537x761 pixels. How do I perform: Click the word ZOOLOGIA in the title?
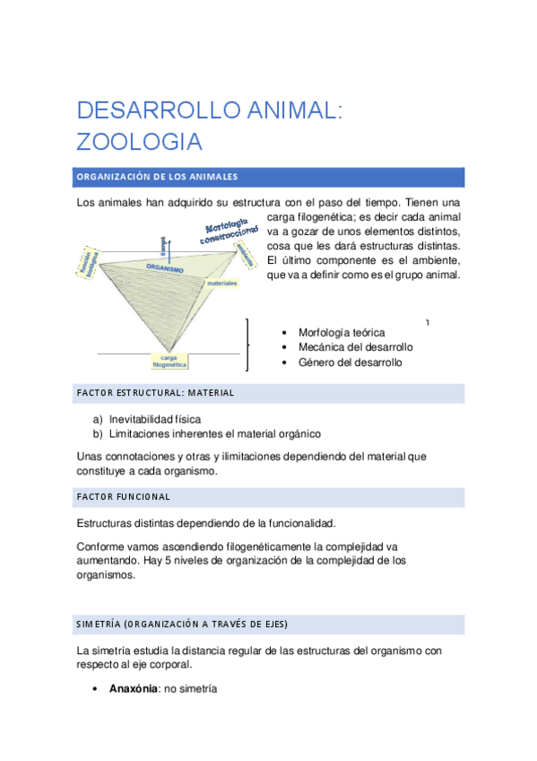point(139,142)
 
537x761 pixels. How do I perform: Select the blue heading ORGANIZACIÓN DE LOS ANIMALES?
point(157,176)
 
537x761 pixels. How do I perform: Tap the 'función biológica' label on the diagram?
point(87,261)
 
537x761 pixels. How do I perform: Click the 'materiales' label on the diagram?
point(221,283)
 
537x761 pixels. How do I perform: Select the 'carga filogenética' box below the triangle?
point(169,361)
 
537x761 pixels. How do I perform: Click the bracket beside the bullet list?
point(247,344)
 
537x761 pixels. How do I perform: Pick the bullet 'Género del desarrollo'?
point(350,363)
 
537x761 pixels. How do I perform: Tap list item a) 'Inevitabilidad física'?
point(155,419)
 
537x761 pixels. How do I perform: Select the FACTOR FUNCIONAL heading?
point(124,496)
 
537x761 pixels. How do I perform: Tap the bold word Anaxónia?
point(129,689)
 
